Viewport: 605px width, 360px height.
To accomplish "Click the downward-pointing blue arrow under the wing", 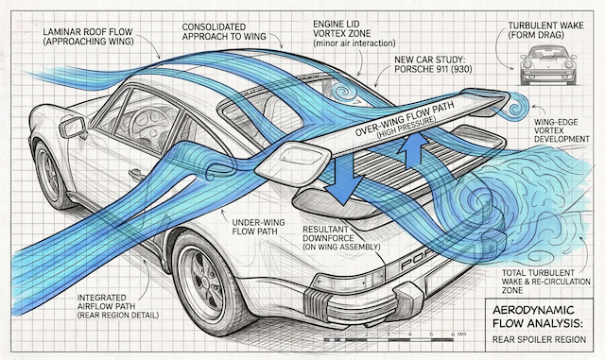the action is tap(344, 179).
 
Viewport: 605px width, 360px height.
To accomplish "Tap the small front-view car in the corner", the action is tap(548, 65).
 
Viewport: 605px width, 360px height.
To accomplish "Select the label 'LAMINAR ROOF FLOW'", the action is tap(88, 31).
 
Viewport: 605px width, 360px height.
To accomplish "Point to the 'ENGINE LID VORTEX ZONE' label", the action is tap(342, 28).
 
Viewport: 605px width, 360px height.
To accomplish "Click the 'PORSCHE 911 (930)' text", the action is tap(433, 70).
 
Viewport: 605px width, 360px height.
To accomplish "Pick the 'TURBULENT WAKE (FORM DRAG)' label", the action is tap(545, 30).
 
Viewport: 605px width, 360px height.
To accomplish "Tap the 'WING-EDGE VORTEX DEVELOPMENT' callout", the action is tap(562, 130).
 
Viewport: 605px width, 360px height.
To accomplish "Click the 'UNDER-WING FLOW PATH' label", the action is tap(258, 227).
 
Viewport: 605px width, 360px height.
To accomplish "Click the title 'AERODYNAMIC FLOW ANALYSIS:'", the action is tap(538, 316).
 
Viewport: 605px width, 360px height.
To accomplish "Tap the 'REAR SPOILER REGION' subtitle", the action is tap(539, 339).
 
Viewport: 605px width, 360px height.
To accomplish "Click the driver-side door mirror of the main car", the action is tap(73, 128).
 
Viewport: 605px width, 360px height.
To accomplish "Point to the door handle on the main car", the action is tap(137, 175).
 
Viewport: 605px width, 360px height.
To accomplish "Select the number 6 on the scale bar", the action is tap(453, 334).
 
